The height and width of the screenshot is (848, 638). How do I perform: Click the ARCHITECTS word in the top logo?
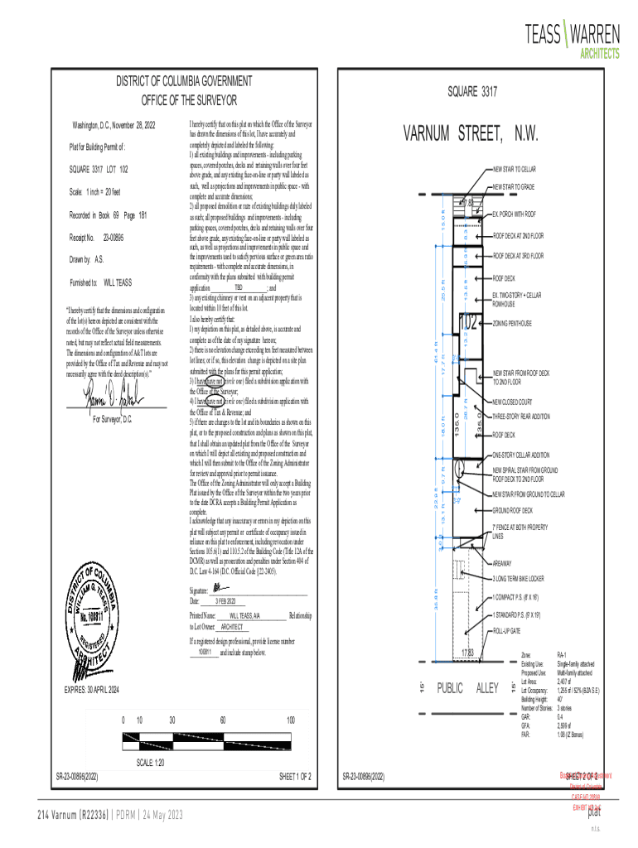click(598, 53)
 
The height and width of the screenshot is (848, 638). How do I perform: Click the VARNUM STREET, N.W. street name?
click(471, 134)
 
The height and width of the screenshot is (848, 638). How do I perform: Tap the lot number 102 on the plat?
click(469, 322)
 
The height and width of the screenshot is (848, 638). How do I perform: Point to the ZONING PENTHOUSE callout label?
click(512, 323)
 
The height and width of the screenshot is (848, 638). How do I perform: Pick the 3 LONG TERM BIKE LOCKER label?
click(518, 578)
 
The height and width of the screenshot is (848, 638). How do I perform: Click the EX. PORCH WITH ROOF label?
click(514, 214)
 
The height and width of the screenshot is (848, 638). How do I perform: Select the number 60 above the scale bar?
click(223, 720)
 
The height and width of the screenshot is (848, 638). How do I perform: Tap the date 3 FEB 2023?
click(225, 601)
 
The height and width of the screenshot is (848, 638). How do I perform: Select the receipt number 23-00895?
click(113, 238)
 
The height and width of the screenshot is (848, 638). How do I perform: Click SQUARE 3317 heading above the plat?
click(472, 92)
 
